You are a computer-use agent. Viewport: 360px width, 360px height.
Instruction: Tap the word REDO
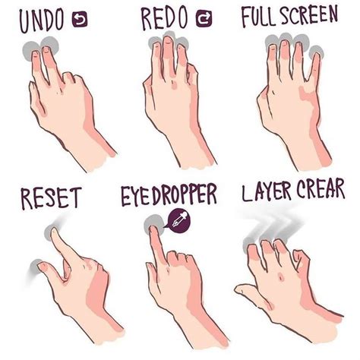(x=163, y=21)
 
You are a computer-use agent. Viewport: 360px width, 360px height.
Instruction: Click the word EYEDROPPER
(x=169, y=196)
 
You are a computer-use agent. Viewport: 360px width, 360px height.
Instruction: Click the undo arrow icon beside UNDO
(x=80, y=21)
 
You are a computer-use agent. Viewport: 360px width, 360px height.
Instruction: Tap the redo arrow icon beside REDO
(x=204, y=21)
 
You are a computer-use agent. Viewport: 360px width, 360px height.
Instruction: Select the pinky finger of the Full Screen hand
(x=314, y=72)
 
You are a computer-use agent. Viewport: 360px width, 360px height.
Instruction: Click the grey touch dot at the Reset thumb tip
(x=36, y=265)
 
